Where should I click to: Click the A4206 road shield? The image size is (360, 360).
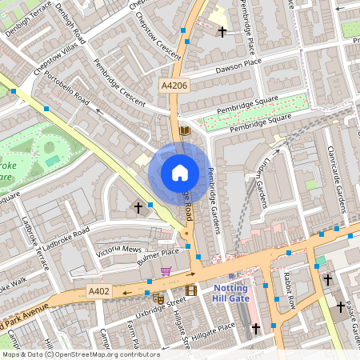pyautogui.click(x=174, y=84)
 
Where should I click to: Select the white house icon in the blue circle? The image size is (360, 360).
pyautogui.click(x=180, y=172)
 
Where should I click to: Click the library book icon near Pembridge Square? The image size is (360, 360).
pyautogui.click(x=185, y=130)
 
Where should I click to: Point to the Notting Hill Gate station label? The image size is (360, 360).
pyautogui.click(x=230, y=293)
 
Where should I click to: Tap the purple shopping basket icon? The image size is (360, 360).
pyautogui.click(x=166, y=271)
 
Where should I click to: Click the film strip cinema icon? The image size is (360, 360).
pyautogui.click(x=190, y=290)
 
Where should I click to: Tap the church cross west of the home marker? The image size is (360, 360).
pyautogui.click(x=138, y=208)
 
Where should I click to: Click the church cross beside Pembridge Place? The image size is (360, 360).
pyautogui.click(x=222, y=30)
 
